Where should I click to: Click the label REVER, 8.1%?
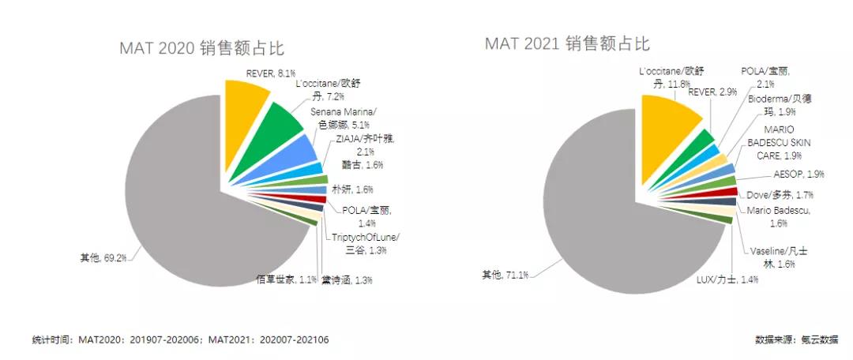pyautogui.click(x=250, y=73)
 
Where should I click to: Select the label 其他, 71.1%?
pyautogui.click(x=505, y=274)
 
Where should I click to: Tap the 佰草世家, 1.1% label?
pyautogui.click(x=286, y=279)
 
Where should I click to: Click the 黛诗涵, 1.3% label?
pyautogui.click(x=347, y=280)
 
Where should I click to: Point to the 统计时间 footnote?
pyautogui.click(x=181, y=340)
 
